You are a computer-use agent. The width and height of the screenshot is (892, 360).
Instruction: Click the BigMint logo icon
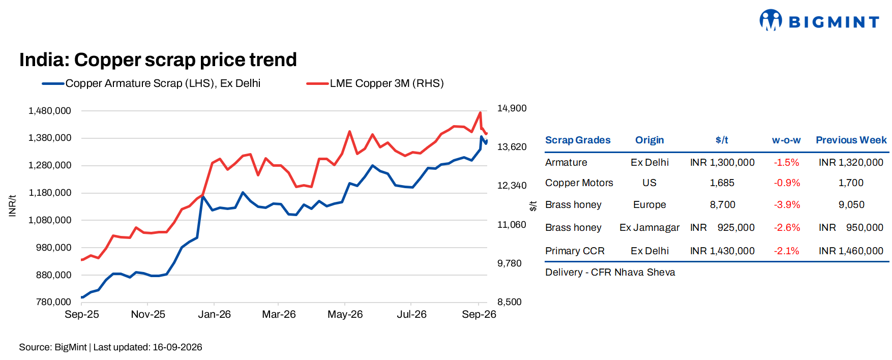click(x=770, y=20)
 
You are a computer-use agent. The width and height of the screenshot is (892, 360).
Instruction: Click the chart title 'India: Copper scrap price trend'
click(x=158, y=60)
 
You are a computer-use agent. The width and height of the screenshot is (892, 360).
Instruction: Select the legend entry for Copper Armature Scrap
click(x=151, y=83)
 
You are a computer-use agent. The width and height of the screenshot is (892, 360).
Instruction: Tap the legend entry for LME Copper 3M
click(x=375, y=83)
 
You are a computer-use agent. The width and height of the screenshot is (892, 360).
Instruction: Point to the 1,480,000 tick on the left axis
click(x=50, y=111)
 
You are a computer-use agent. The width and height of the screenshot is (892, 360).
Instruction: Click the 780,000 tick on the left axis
click(x=53, y=302)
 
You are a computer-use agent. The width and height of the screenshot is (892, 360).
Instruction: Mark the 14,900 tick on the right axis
click(x=512, y=108)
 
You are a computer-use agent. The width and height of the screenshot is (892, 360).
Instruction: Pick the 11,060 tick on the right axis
click(x=512, y=225)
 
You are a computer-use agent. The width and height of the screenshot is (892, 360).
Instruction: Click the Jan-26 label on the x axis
click(x=214, y=314)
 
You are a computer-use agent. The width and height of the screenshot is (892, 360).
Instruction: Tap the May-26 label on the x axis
click(x=345, y=314)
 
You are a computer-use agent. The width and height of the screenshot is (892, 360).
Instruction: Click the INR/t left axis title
click(x=13, y=205)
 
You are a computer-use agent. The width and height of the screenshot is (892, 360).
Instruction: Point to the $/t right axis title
click(x=533, y=206)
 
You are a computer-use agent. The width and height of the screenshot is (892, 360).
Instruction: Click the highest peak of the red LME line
click(x=480, y=113)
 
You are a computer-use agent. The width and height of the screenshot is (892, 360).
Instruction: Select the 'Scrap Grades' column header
click(x=578, y=140)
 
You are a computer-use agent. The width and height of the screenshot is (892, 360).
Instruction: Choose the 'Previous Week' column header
click(x=851, y=140)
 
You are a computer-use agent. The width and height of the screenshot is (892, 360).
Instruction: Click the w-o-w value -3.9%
click(x=787, y=205)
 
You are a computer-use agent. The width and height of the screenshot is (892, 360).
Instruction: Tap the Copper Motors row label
click(x=579, y=183)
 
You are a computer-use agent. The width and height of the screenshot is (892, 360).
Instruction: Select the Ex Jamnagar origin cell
click(x=649, y=228)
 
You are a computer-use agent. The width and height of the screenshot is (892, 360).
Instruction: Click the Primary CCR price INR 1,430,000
click(x=722, y=251)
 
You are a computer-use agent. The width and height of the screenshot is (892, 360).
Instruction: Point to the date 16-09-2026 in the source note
click(x=177, y=347)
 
